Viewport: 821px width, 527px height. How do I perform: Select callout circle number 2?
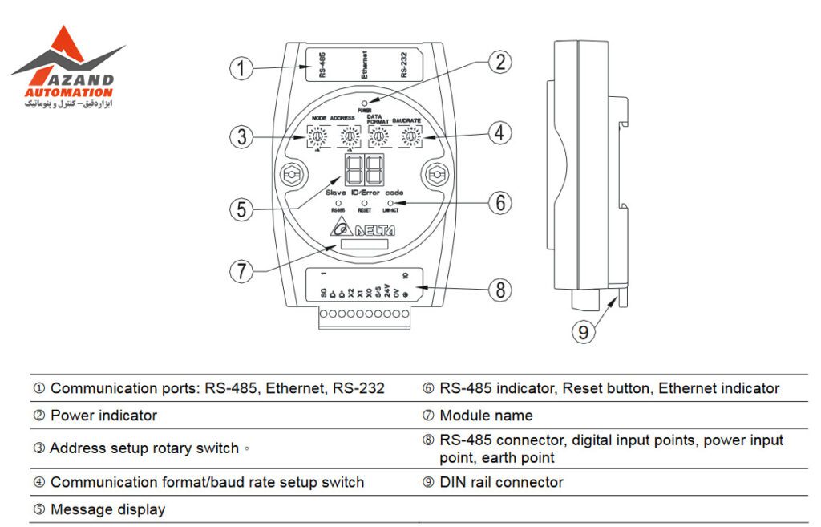pyautogui.click(x=500, y=61)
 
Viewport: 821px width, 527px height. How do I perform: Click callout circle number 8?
pyautogui.click(x=500, y=289)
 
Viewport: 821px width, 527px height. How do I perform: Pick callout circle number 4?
pyautogui.click(x=500, y=134)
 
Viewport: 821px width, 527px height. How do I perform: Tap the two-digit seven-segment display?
pyautogui.click(x=365, y=169)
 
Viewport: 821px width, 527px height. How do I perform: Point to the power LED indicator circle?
pyautogui.click(x=365, y=103)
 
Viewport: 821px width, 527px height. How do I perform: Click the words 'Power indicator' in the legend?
pyautogui.click(x=103, y=416)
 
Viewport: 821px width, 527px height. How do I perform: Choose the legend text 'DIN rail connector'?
pyautogui.click(x=501, y=482)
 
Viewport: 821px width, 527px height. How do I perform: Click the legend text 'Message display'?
pyautogui.click(x=107, y=509)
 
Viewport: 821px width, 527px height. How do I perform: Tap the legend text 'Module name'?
pyautogui.click(x=486, y=416)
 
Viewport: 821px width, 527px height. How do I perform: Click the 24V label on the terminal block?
pyautogui.click(x=386, y=290)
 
